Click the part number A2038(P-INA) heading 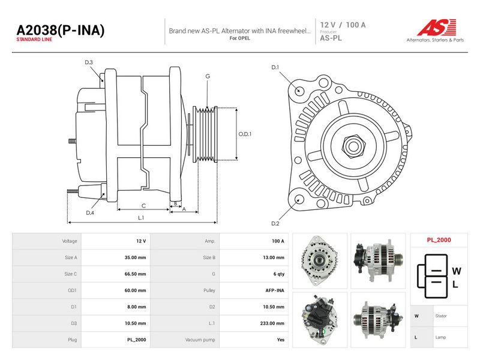(61, 30)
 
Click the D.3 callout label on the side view (89, 62)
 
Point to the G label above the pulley (208, 76)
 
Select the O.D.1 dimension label (245, 134)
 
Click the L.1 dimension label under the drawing (141, 218)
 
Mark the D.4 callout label (89, 212)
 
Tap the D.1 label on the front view (275, 67)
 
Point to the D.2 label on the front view (275, 223)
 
